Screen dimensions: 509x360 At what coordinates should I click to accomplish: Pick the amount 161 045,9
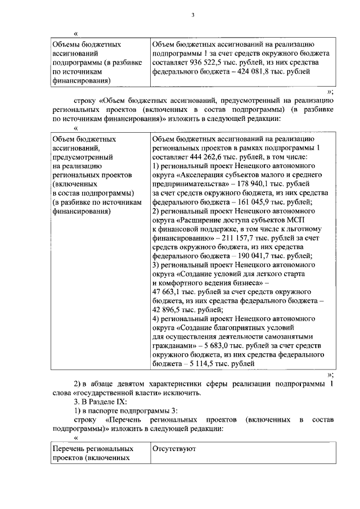(x=255, y=201)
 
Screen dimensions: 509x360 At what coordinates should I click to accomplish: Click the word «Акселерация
(x=200, y=174)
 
